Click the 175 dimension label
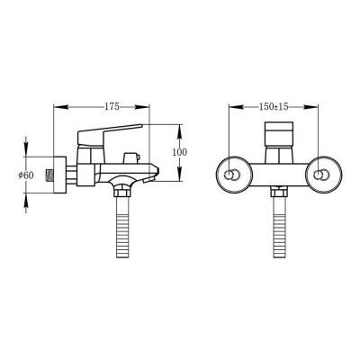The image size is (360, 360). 112,106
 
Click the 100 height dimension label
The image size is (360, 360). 179,152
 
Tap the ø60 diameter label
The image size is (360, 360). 26,175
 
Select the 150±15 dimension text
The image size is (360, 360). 274,106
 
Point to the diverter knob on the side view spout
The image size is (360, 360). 131,157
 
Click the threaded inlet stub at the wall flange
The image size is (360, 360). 49,175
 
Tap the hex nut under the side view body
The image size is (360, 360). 122,192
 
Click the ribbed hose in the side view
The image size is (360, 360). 122,227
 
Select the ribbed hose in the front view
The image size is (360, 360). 279,227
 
